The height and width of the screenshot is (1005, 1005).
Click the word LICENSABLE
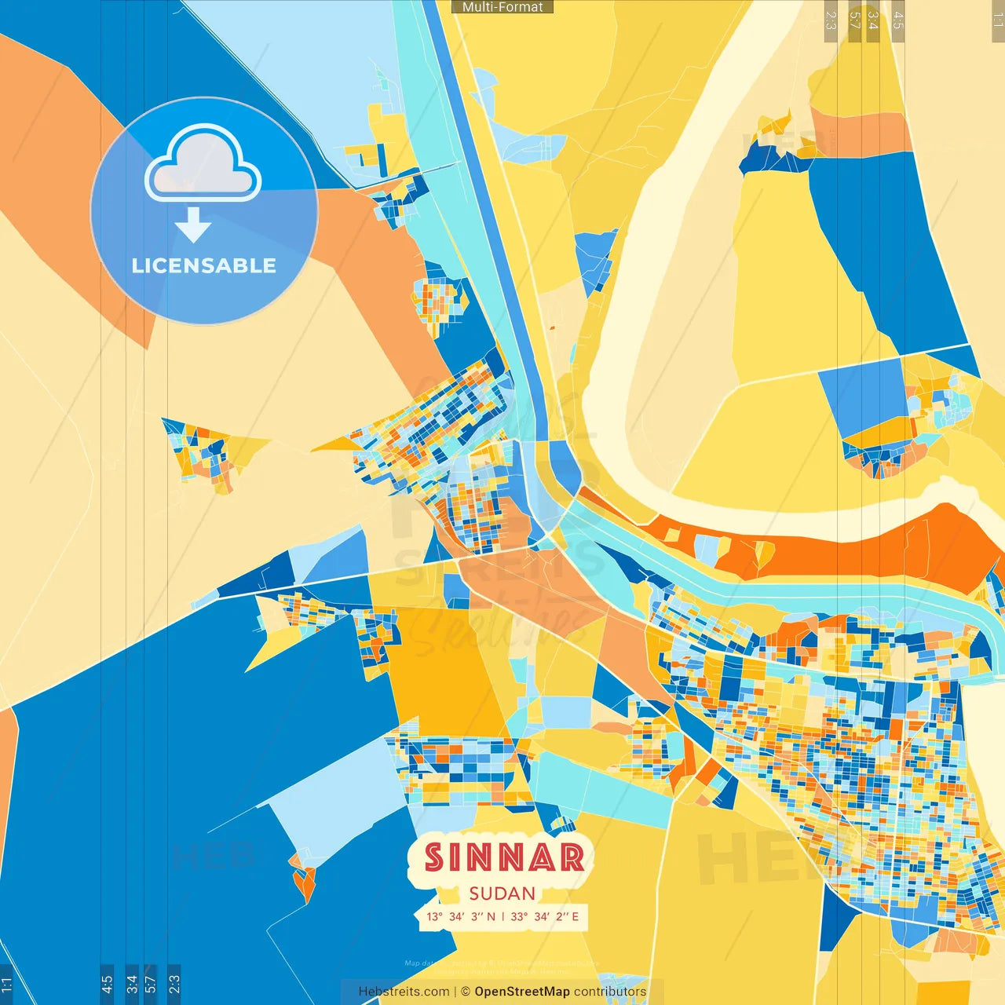(203, 265)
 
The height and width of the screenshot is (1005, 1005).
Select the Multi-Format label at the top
(502, 7)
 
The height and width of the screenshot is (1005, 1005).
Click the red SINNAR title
(504, 858)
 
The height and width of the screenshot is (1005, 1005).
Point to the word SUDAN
(502, 894)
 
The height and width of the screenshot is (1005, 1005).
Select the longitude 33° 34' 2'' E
(544, 916)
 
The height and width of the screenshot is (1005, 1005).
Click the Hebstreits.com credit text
(404, 992)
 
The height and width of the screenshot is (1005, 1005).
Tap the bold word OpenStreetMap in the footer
(521, 992)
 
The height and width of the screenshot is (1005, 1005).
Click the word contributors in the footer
(609, 992)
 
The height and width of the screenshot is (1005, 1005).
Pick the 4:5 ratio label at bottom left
(107, 984)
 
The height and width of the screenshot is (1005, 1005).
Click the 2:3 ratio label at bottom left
(174, 984)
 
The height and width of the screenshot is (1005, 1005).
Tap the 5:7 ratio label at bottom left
(151, 984)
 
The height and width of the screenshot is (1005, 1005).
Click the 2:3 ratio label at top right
(831, 20)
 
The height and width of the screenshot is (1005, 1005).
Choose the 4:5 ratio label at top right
(898, 20)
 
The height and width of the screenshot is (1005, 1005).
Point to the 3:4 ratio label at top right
(873, 20)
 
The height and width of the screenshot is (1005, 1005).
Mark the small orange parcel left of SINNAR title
(304, 883)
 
